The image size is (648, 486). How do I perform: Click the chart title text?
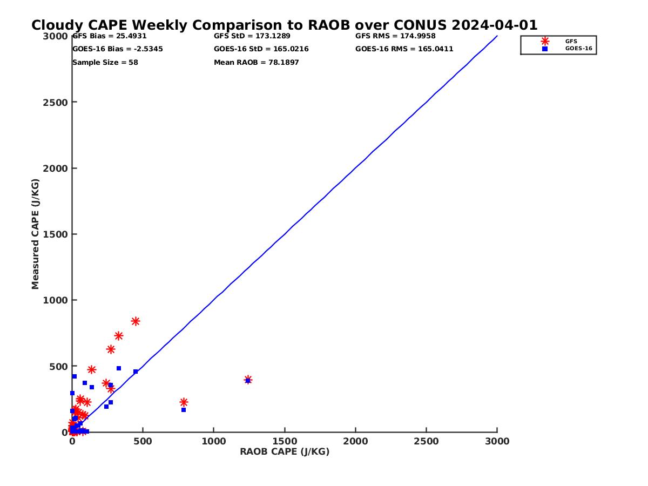pos(284,25)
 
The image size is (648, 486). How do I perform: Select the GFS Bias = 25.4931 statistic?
pos(109,36)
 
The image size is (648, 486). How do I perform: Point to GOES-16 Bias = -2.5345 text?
pos(117,49)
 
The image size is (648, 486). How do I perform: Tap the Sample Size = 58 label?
pos(105,63)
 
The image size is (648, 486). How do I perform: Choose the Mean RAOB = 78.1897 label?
pos(256,63)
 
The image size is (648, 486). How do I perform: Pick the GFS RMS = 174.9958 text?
pos(395,36)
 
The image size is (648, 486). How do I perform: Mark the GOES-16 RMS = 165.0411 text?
pos(404,49)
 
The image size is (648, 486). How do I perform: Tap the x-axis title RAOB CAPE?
pos(285,452)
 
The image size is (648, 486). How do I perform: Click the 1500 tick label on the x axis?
pos(285,441)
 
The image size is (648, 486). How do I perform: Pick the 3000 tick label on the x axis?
pos(497,441)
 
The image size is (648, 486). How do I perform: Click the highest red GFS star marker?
pos(136,321)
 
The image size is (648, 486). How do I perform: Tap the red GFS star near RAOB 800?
pos(184,402)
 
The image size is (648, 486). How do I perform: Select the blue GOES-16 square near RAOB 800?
pos(184,410)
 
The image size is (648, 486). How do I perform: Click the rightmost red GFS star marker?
pos(248,380)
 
